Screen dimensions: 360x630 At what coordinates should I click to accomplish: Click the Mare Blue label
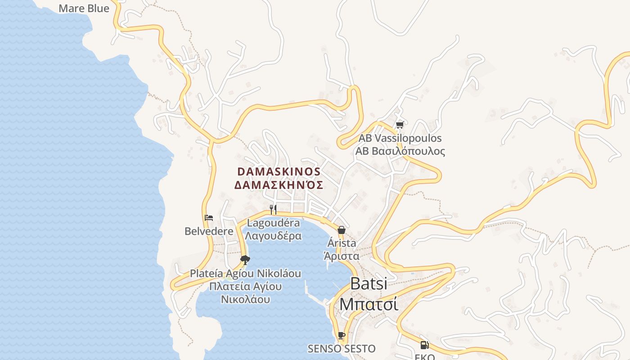tap(84, 8)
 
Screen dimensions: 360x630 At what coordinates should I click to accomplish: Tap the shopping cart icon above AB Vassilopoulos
tap(399, 125)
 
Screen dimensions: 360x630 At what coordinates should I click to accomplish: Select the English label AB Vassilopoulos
tap(400, 138)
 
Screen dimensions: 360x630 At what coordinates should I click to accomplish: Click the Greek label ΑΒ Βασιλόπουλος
tap(400, 151)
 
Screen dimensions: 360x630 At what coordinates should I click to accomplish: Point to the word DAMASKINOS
tap(279, 171)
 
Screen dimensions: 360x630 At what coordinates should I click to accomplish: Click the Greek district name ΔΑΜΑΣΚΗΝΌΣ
tap(279, 185)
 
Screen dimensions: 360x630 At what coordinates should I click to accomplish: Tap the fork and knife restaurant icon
tap(273, 209)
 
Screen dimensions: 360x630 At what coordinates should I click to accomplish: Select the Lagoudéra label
tap(273, 223)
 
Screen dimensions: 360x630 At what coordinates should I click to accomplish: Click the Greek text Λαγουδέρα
tap(273, 235)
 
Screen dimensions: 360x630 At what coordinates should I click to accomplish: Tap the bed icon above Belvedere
tap(209, 218)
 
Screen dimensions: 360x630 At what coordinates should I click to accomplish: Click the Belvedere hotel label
tap(209, 231)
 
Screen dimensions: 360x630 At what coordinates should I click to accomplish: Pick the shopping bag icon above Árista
tap(342, 230)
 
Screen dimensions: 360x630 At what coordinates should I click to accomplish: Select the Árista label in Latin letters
tap(342, 243)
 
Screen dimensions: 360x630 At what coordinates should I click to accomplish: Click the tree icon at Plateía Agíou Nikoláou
tap(245, 260)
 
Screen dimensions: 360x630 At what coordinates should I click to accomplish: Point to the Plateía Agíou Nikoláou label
tap(245, 273)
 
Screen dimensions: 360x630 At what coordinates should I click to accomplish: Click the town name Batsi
tap(368, 283)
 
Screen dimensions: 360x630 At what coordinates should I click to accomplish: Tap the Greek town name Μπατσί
tap(368, 304)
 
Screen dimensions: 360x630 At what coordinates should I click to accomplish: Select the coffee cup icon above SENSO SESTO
tap(342, 335)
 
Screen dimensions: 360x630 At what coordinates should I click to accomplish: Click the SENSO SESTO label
tap(342, 348)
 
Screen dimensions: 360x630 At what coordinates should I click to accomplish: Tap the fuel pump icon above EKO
tap(424, 345)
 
